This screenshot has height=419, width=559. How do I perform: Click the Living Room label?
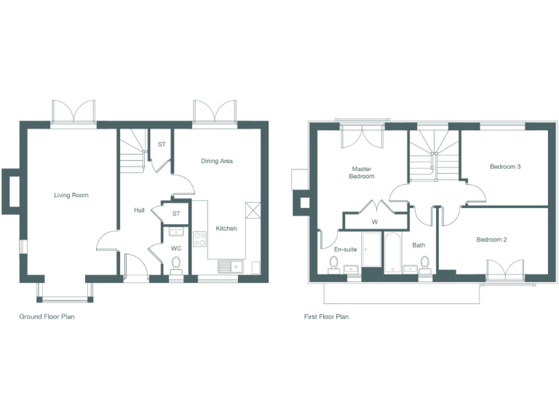tap(71, 195)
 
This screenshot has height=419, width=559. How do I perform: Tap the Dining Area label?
tap(216, 161)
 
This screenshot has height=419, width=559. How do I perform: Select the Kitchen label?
tap(226, 228)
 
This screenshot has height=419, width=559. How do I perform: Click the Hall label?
tap(139, 210)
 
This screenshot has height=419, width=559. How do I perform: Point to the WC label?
tap(176, 248)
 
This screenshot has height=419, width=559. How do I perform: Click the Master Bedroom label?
tap(362, 172)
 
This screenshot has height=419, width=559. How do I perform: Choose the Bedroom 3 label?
tap(504, 167)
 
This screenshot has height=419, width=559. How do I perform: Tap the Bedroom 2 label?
tap(491, 239)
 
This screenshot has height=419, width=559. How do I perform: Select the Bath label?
tap(419, 245)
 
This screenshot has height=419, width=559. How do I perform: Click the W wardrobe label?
tap(375, 221)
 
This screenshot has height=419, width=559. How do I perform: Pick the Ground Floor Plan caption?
tap(47, 317)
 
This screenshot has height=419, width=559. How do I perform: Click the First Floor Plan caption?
tap(327, 317)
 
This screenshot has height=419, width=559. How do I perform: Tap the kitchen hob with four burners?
tap(200, 238)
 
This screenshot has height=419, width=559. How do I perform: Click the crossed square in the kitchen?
tap(253, 209)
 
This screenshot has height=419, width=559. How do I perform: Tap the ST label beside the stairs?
tap(162, 144)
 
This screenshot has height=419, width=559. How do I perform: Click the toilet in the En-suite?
tap(334, 262)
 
